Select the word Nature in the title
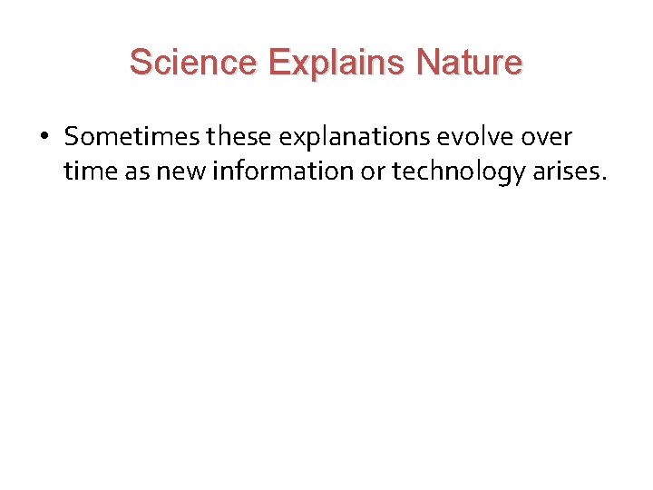(x=469, y=64)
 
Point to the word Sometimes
(x=133, y=137)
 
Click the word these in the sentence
(x=240, y=137)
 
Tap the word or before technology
(x=373, y=171)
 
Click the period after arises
(x=601, y=178)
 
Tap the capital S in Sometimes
(x=73, y=137)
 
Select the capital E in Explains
(x=280, y=64)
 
